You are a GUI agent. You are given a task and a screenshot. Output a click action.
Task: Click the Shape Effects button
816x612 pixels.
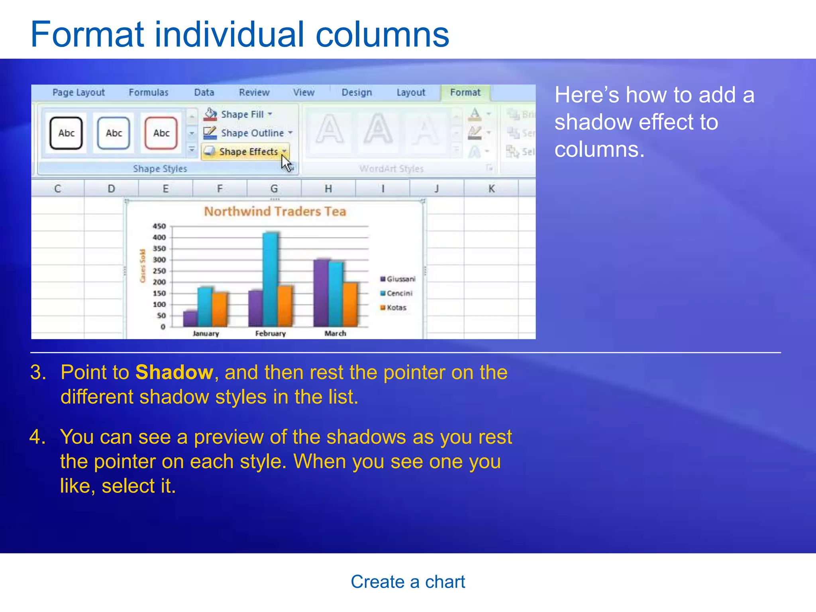click(245, 152)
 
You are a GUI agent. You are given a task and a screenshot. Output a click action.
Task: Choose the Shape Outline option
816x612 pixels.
click(248, 133)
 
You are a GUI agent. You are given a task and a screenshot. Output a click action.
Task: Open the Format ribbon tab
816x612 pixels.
click(465, 92)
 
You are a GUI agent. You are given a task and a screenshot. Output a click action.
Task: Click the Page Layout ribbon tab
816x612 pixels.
click(78, 92)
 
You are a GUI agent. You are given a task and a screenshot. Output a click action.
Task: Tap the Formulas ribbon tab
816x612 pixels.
click(148, 92)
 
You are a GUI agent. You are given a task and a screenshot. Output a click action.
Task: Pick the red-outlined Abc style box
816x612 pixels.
click(161, 133)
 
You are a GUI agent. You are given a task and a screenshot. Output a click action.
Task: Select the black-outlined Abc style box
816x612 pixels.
click(66, 133)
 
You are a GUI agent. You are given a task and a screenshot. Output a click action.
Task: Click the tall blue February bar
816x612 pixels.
click(271, 279)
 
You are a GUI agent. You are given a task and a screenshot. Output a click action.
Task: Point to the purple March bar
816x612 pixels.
click(321, 293)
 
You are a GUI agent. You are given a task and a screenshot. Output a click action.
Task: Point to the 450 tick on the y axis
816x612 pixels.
click(159, 226)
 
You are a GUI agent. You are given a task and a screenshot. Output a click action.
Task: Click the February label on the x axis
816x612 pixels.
click(271, 333)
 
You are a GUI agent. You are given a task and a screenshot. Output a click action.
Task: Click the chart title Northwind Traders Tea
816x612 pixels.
click(275, 212)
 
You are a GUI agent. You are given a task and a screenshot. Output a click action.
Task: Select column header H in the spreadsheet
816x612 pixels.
click(328, 188)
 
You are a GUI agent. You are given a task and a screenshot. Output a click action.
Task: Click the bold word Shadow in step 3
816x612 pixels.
click(174, 373)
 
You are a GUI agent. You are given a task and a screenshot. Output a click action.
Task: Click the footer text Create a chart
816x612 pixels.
click(408, 582)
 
